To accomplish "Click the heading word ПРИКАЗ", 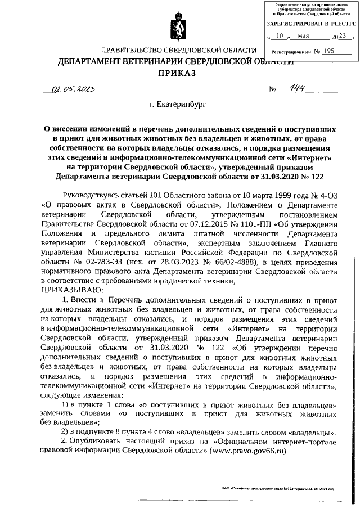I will coord(179,74).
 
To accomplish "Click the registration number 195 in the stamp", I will coord(329,51).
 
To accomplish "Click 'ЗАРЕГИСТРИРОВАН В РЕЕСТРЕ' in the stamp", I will coord(312,24).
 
